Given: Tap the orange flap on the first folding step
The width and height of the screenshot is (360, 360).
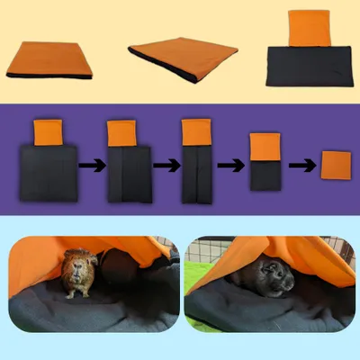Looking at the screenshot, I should [47, 132].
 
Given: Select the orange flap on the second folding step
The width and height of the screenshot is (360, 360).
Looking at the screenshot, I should [121, 133].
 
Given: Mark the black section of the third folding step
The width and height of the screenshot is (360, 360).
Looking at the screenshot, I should [193, 175].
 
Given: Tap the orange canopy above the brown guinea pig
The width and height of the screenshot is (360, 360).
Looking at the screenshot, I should [54, 247].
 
